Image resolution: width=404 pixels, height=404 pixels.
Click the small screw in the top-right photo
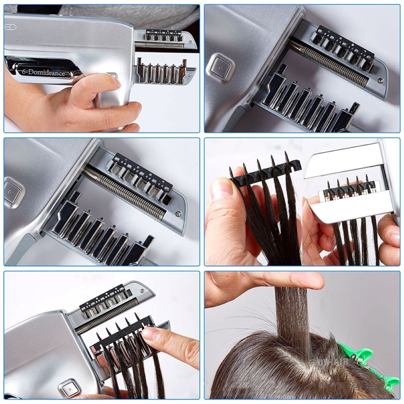click(x=380, y=80)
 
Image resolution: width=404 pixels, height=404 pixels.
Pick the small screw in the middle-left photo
click(x=178, y=214)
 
